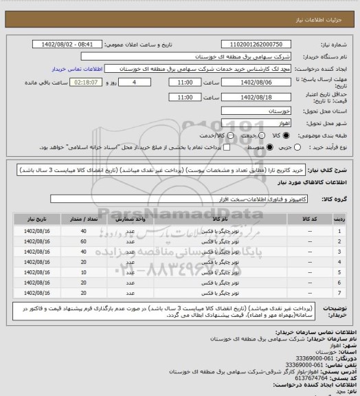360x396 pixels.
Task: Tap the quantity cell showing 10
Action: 84,272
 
